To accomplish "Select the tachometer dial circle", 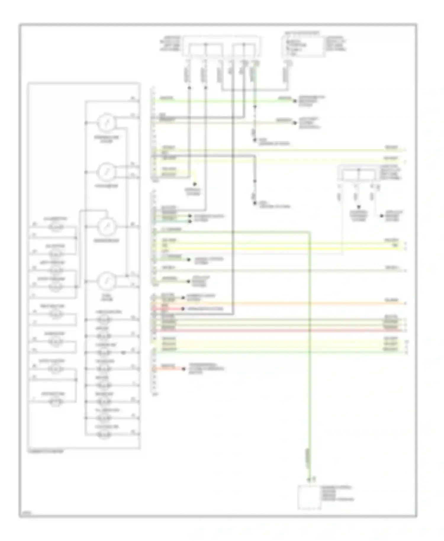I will pyautogui.click(x=106, y=172).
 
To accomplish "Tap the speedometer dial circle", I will pyautogui.click(x=107, y=227).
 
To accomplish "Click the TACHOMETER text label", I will pyautogui.click(x=106, y=186).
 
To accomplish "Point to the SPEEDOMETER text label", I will pyautogui.click(x=107, y=241).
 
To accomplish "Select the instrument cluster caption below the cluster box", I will pyautogui.click(x=46, y=452).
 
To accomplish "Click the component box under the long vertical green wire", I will pyautogui.click(x=309, y=497).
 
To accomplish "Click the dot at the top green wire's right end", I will pyautogui.click(x=295, y=101).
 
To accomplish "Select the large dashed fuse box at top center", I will pyautogui.click(x=222, y=46).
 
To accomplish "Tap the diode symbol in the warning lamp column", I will pyautogui.click(x=123, y=352).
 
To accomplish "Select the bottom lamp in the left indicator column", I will pyautogui.click(x=56, y=402).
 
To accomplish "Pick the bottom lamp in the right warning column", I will pyautogui.click(x=104, y=434).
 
